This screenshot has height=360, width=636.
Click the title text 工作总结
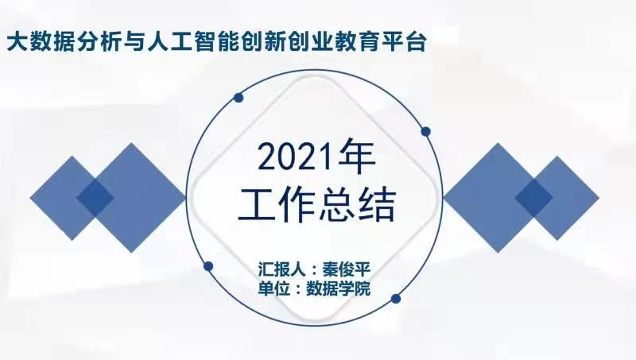[316, 205]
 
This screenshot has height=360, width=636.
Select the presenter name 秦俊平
[347, 269]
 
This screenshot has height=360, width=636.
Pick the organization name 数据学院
[339, 289]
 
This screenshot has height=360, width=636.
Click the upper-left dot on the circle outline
[238, 97]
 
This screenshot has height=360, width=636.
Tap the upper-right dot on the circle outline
[425, 131]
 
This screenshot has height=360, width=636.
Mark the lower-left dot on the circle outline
[208, 266]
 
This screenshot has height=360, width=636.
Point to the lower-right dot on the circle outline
[396, 299]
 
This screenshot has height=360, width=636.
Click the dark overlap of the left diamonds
[95, 198]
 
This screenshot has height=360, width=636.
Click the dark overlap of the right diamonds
[534, 198]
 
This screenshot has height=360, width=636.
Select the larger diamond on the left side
[131, 198]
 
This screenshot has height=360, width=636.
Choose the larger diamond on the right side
[498, 198]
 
